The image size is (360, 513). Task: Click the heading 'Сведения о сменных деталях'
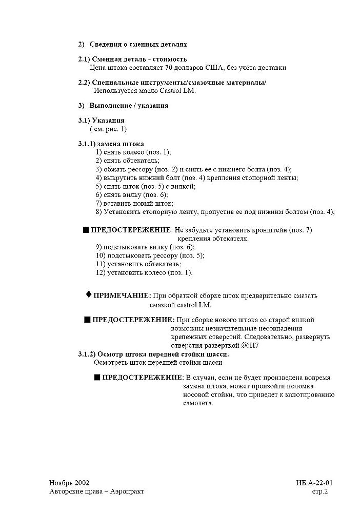click(138, 45)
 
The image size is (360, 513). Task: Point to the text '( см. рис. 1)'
click(108, 129)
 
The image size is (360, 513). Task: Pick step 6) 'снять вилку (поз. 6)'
click(132, 194)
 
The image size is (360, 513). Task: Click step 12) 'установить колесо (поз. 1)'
click(144, 272)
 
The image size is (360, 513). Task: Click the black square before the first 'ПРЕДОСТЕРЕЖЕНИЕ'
click(86, 230)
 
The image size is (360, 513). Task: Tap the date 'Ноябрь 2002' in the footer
click(69, 483)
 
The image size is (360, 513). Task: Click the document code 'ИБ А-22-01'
click(314, 483)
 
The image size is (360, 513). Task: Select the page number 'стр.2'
click(320, 491)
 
